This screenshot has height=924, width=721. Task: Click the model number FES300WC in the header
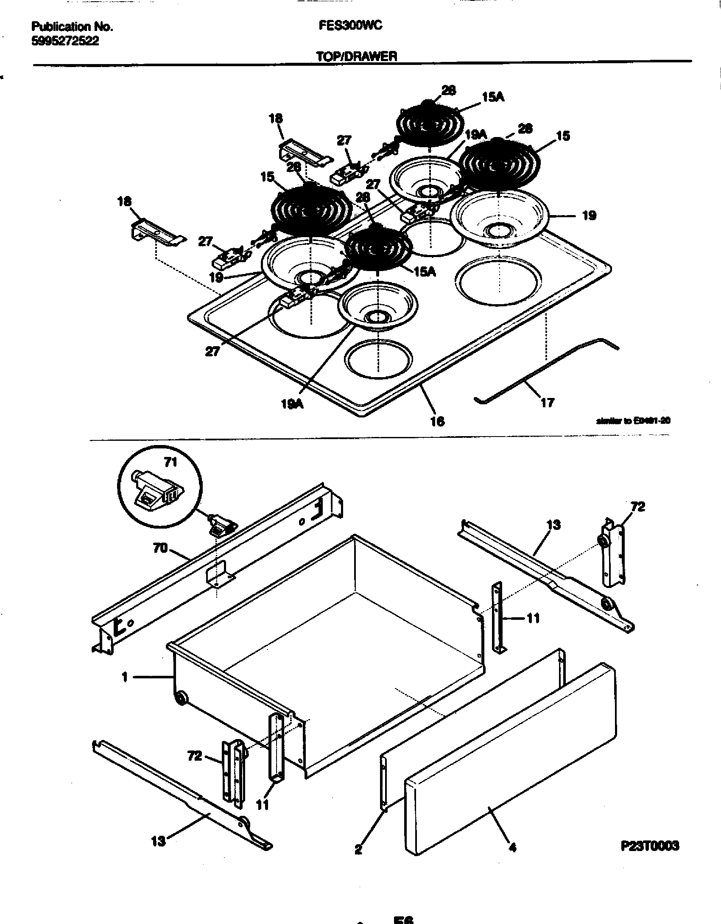350,26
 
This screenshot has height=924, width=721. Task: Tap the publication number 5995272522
65,41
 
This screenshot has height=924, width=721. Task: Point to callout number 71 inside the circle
170,462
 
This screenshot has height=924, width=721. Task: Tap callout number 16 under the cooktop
437,421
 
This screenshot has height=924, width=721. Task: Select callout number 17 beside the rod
547,402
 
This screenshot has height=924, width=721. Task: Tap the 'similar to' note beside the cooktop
633,421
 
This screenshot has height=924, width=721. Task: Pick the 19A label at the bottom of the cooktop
292,404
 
